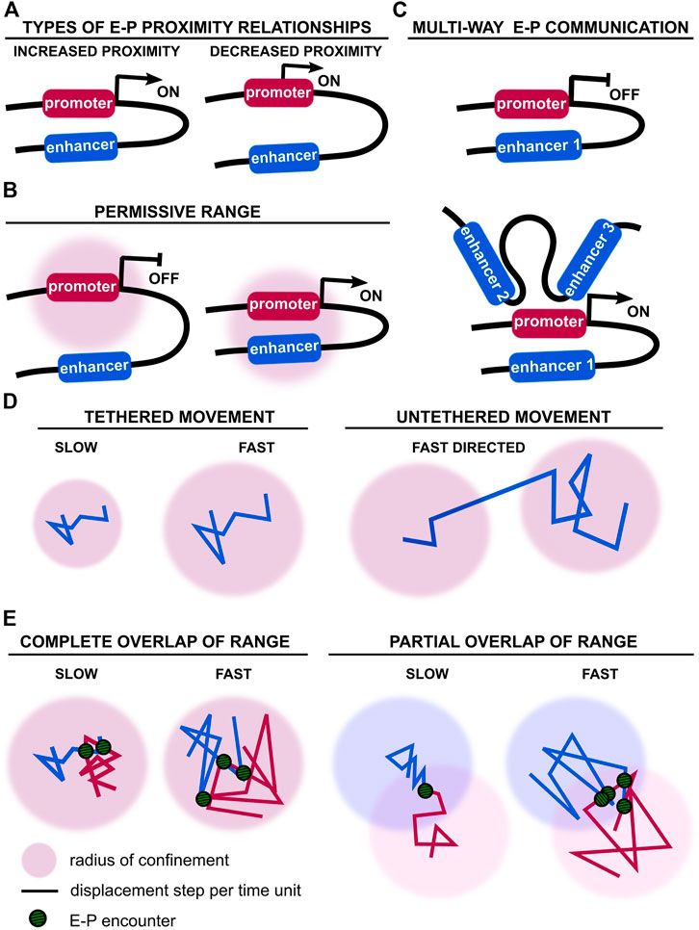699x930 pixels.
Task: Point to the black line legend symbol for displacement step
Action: click(x=39, y=890)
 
